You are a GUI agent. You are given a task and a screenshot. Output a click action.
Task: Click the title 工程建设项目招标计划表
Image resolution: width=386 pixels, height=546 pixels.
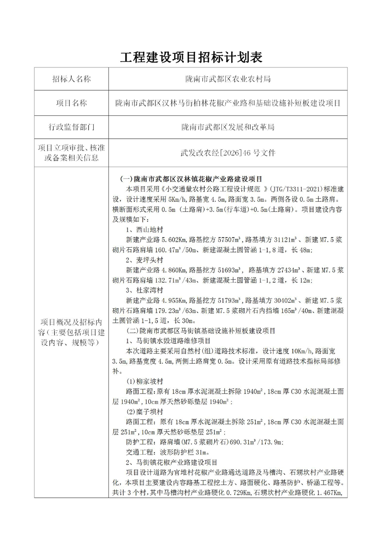[192, 57]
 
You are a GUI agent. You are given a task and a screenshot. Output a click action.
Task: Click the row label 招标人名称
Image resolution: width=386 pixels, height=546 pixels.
[71, 80]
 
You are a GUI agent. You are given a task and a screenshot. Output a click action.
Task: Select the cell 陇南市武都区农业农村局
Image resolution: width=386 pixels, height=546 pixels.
[228, 80]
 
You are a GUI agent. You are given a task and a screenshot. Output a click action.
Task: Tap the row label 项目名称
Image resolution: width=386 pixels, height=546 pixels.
[71, 104]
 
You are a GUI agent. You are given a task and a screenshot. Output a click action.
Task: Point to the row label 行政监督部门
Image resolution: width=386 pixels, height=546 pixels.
[71, 127]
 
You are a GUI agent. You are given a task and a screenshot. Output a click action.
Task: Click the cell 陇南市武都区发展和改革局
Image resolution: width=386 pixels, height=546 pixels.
[228, 127]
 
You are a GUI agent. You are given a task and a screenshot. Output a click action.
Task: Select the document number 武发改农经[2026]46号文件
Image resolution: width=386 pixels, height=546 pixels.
[228, 152]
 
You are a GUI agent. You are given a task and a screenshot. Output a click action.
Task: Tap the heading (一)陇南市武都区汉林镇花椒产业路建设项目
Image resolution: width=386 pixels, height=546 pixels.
[191, 178]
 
